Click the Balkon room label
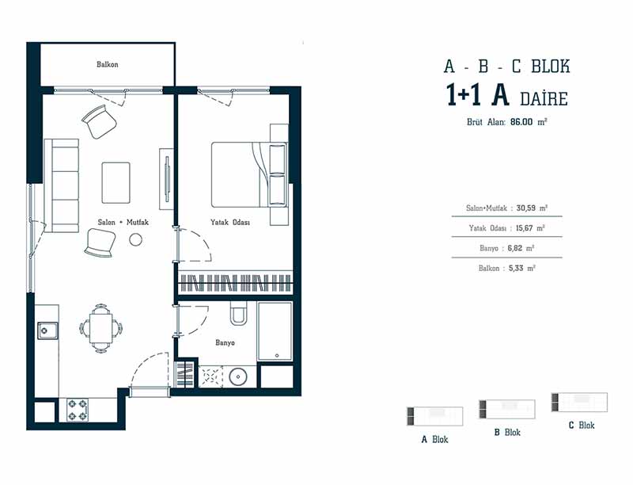tap(108, 64)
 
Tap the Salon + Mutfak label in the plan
tap(123, 222)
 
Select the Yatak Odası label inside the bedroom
tap(230, 222)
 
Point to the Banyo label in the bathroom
tap(225, 342)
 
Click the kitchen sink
tap(47, 330)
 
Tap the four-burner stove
tap(78, 410)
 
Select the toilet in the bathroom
tap(238, 312)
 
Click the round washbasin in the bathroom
tap(238, 377)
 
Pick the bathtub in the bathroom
tap(275, 330)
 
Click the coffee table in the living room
tap(116, 183)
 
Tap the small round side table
tap(135, 239)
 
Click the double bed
tap(249, 174)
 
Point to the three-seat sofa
tap(62, 185)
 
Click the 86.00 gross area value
tap(521, 122)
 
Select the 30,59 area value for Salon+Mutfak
tap(526, 208)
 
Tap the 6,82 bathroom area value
tap(515, 248)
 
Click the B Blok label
tap(507, 433)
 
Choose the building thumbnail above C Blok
tap(579, 402)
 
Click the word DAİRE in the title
tap(544, 99)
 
